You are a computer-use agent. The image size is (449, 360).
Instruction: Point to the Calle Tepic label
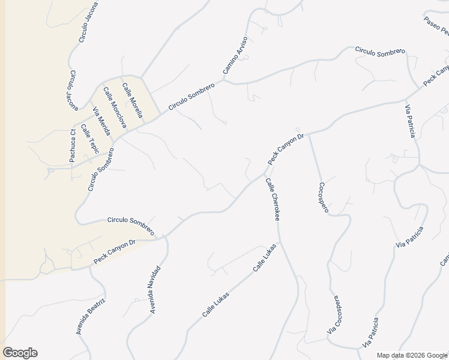[x=89, y=139]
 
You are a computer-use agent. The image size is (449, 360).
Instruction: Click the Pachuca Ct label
[x=72, y=146]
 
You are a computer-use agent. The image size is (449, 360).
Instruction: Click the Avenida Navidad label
[x=155, y=289]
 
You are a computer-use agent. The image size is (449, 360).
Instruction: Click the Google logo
[x=20, y=353]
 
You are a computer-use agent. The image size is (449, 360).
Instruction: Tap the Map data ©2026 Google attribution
[x=412, y=355]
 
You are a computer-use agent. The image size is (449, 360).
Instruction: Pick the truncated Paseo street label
[x=436, y=27]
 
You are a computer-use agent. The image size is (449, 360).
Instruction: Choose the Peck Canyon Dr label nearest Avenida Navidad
[x=115, y=252]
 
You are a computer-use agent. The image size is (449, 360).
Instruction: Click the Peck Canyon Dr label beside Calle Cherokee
[x=286, y=149]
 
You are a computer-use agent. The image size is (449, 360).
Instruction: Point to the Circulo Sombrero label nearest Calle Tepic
[x=101, y=170]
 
